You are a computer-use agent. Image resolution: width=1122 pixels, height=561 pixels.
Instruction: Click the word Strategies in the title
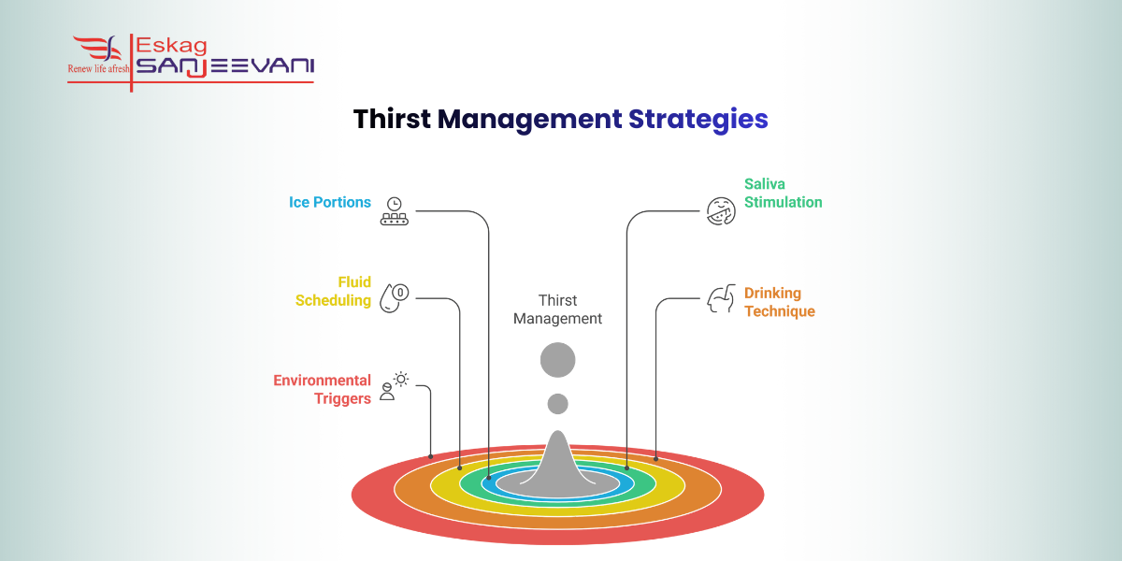click(698, 120)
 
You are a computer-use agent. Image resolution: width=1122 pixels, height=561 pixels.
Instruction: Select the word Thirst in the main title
click(391, 120)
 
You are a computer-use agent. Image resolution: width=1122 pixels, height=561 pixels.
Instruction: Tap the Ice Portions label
click(330, 203)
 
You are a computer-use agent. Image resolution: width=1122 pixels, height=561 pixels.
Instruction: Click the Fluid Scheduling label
click(334, 292)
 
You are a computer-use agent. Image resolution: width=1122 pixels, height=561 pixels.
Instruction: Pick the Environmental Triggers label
click(322, 390)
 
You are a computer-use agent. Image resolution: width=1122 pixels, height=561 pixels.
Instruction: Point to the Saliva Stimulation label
click(784, 194)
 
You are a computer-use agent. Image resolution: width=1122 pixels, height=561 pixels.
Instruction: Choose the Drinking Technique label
click(780, 302)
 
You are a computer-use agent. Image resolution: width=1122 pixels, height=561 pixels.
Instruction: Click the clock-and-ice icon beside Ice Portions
click(394, 211)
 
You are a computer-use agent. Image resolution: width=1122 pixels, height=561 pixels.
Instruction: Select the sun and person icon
click(395, 385)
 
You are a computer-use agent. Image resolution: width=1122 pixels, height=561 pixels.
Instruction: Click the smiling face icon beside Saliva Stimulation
click(720, 209)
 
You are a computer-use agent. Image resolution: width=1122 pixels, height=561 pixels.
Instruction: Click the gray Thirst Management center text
click(558, 309)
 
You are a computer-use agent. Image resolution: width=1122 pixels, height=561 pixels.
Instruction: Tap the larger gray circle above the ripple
click(558, 360)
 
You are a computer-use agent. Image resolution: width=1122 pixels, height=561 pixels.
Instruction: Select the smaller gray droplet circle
click(558, 404)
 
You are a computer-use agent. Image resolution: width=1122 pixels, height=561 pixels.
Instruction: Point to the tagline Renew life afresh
click(98, 68)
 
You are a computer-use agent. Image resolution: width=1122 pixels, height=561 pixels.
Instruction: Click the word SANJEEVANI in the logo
click(225, 65)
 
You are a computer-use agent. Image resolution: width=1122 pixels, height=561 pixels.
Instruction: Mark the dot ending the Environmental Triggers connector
click(431, 456)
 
